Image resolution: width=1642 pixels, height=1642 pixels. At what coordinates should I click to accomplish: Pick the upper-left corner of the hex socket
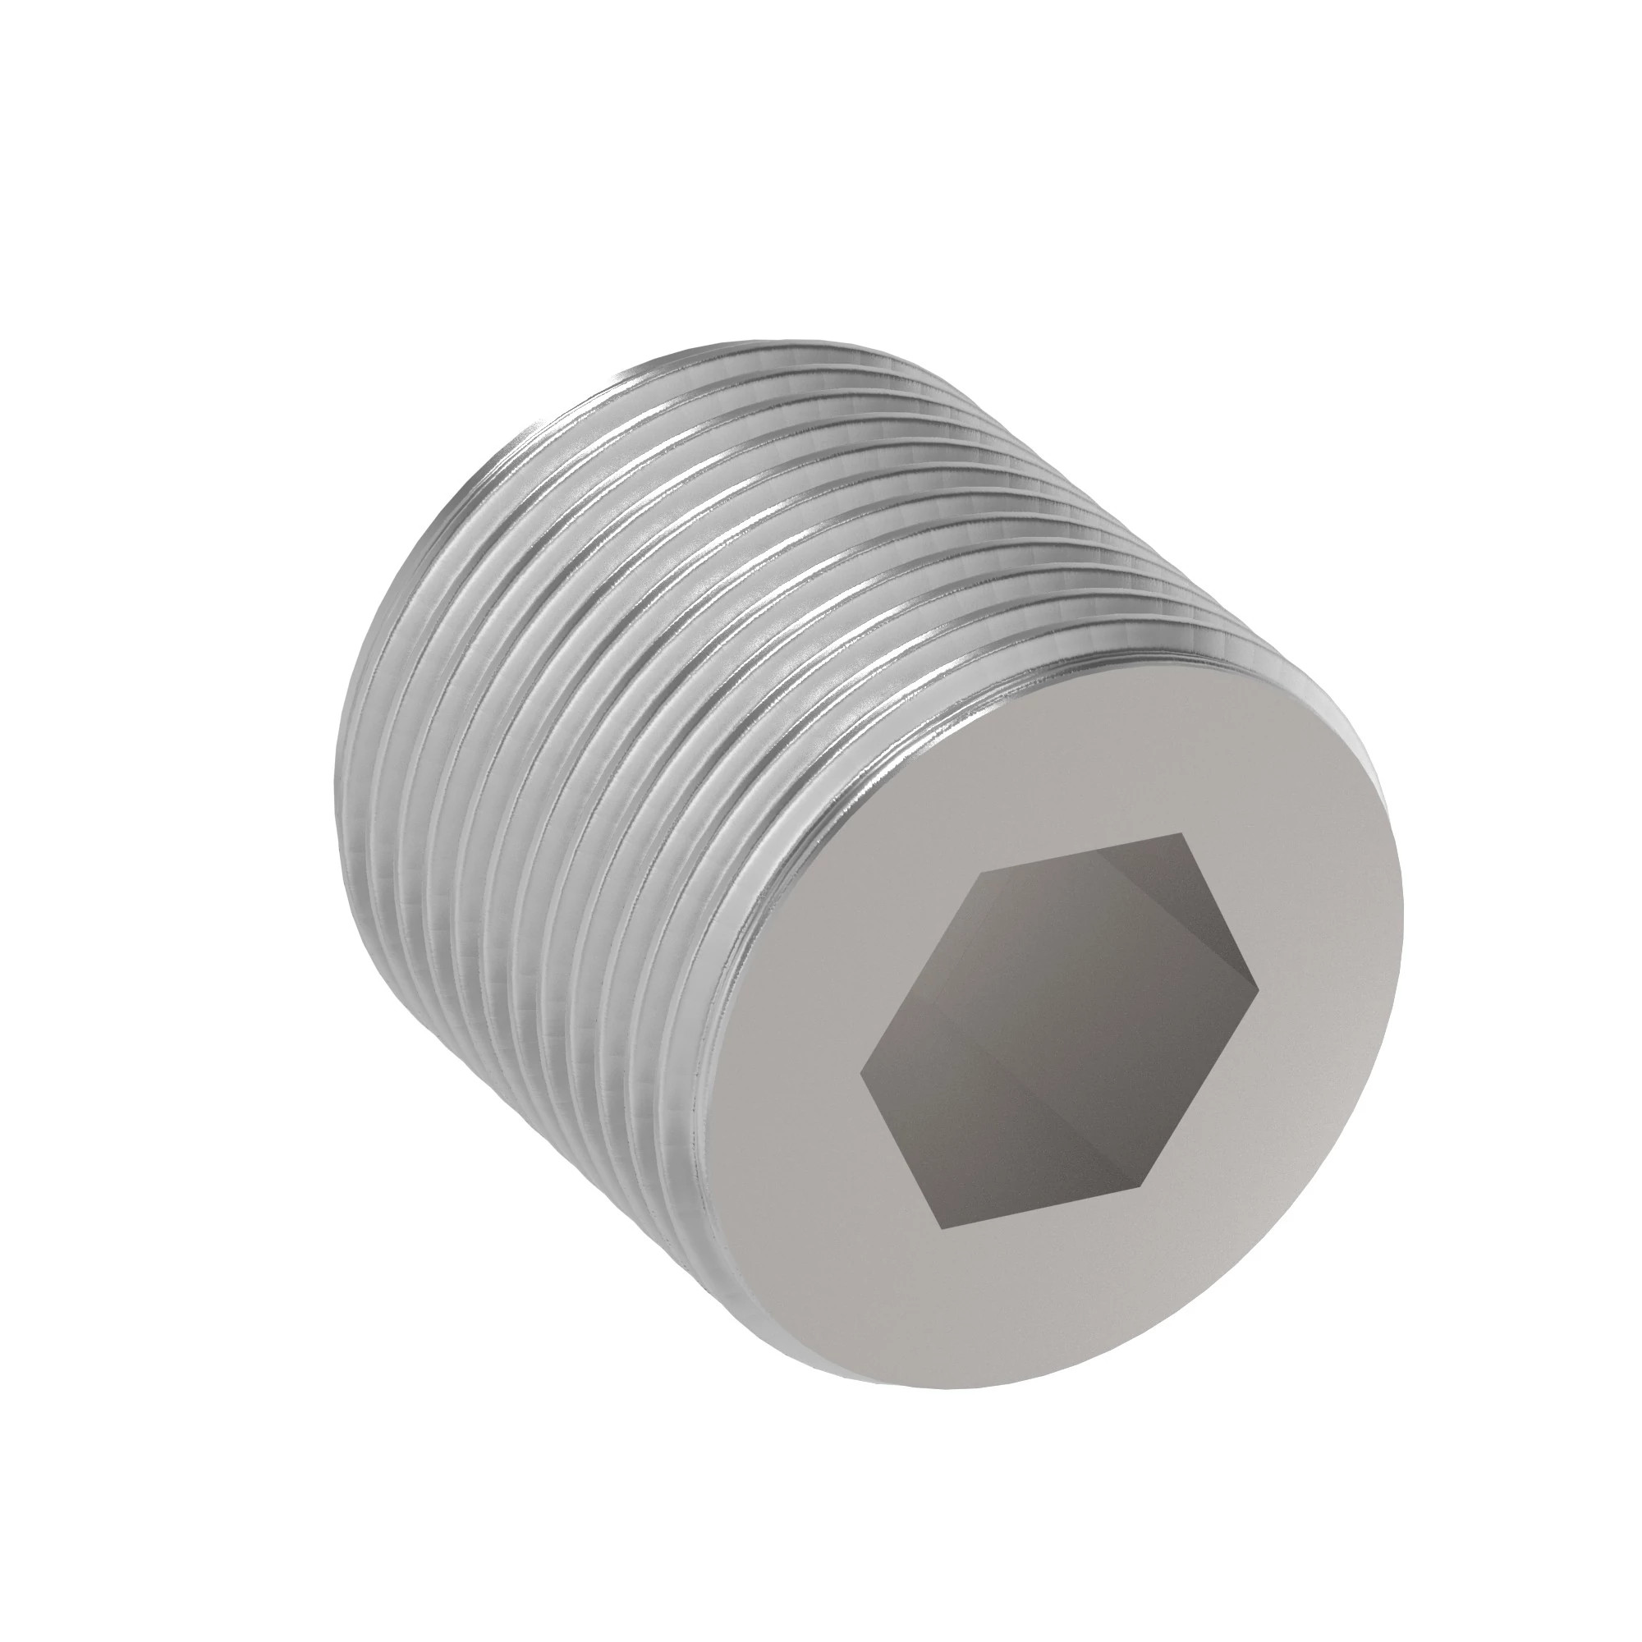tap(983, 873)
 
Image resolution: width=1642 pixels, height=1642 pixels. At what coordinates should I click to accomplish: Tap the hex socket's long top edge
tap(1083, 853)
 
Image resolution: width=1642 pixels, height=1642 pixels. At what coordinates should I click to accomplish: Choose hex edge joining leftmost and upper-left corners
tap(921, 974)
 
